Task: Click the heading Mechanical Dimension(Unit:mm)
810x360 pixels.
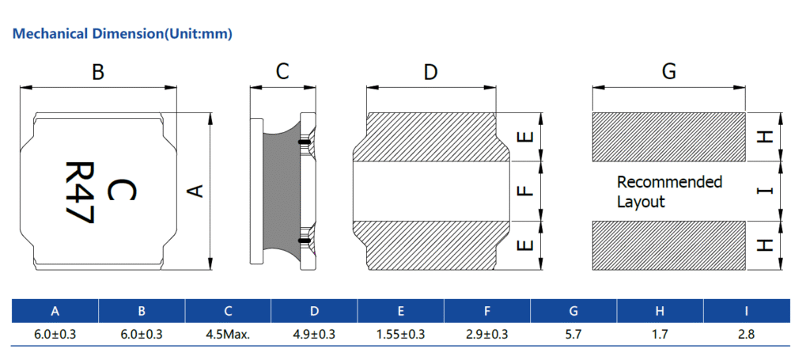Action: pyautogui.click(x=123, y=34)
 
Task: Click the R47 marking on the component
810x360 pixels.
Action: pyautogui.click(x=79, y=193)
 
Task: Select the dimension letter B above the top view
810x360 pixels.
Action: pyautogui.click(x=98, y=73)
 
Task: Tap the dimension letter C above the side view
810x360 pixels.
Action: pyautogui.click(x=282, y=73)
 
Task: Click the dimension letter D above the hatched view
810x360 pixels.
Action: pyautogui.click(x=430, y=73)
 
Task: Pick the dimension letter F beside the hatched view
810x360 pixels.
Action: pyautogui.click(x=523, y=191)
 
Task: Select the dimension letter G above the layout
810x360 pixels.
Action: pyautogui.click(x=668, y=72)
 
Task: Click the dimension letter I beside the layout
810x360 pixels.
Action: pyautogui.click(x=763, y=191)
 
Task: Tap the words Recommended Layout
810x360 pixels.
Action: pyautogui.click(x=669, y=191)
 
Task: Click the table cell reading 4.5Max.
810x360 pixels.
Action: pyautogui.click(x=228, y=335)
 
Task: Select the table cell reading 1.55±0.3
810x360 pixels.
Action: pyautogui.click(x=400, y=335)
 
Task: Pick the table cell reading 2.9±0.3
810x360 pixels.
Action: pyautogui.click(x=486, y=335)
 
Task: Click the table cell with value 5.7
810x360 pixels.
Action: pyautogui.click(x=573, y=335)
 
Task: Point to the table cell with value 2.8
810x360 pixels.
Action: pyautogui.click(x=746, y=335)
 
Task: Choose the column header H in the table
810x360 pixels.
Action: pyautogui.click(x=660, y=311)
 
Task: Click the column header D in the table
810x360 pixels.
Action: pyautogui.click(x=314, y=311)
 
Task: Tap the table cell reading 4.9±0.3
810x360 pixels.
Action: pyautogui.click(x=314, y=335)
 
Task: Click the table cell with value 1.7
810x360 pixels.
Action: pyautogui.click(x=660, y=335)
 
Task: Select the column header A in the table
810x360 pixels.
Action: pyautogui.click(x=55, y=311)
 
